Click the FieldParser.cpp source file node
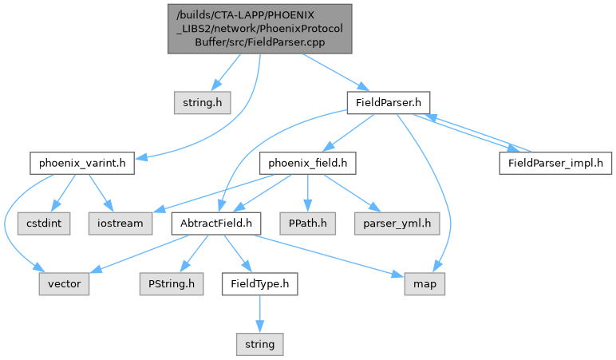(x=259, y=29)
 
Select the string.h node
(x=196, y=102)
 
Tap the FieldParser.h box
(x=389, y=102)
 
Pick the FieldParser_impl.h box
(x=556, y=163)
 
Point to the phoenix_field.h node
(x=307, y=164)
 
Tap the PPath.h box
(x=307, y=224)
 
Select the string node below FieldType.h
(x=259, y=343)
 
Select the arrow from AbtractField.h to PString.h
(x=190, y=254)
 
